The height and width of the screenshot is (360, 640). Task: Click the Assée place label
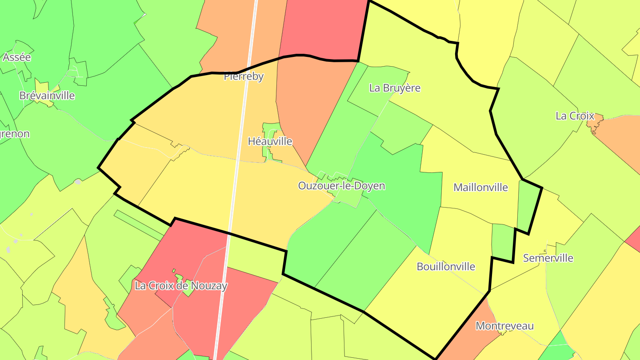point(17,57)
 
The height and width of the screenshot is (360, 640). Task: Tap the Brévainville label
point(47,96)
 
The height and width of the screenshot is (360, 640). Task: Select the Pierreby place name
point(244,76)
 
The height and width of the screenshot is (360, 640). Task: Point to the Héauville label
point(270,141)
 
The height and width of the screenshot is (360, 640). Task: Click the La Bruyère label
point(395,88)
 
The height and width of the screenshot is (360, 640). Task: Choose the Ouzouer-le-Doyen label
point(341,186)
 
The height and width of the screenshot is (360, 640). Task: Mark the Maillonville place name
point(480,187)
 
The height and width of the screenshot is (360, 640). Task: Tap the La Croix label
point(575,116)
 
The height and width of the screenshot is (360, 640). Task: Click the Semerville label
point(548,258)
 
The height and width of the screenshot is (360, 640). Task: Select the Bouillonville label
point(446,267)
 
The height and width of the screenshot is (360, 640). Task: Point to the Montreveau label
point(504,326)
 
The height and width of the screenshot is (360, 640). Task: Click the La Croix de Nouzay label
point(181,286)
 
